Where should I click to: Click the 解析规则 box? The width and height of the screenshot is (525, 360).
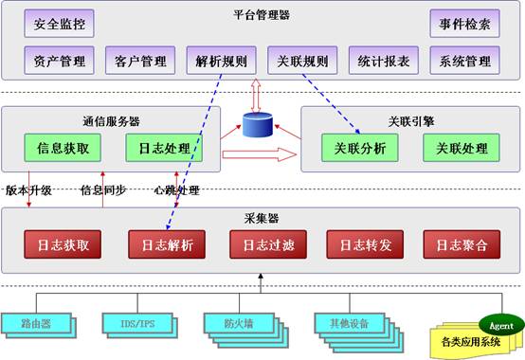point(217,62)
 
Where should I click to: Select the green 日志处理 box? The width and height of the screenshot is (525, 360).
point(157,149)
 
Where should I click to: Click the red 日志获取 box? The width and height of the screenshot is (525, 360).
point(63,244)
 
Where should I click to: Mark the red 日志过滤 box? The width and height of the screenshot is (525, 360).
point(262,244)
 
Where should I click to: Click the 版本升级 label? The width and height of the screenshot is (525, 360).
point(27,190)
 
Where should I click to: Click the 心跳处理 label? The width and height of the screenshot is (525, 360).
point(177,190)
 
